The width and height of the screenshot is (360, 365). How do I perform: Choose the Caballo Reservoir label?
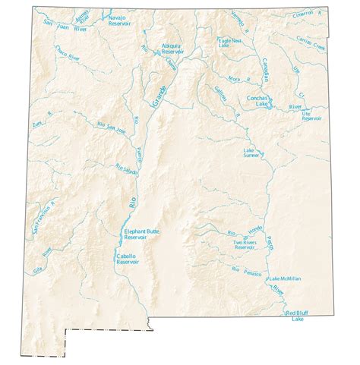(x=128, y=260)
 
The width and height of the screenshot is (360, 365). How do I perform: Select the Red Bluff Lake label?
(x=298, y=316)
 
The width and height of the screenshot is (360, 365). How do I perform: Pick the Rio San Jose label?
(x=111, y=127)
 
